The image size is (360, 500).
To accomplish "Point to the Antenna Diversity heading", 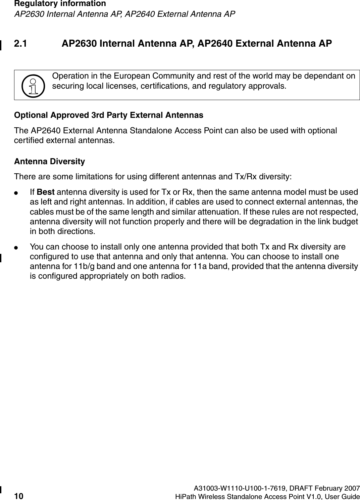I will [49, 162].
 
